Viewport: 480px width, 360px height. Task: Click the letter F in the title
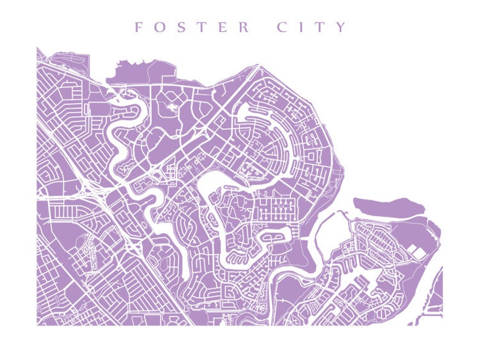coord(138,27)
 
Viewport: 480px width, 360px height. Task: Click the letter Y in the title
coord(342,27)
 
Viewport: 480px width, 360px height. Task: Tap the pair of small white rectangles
coord(416,252)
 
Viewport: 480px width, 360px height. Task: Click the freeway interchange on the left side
coord(97,192)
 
